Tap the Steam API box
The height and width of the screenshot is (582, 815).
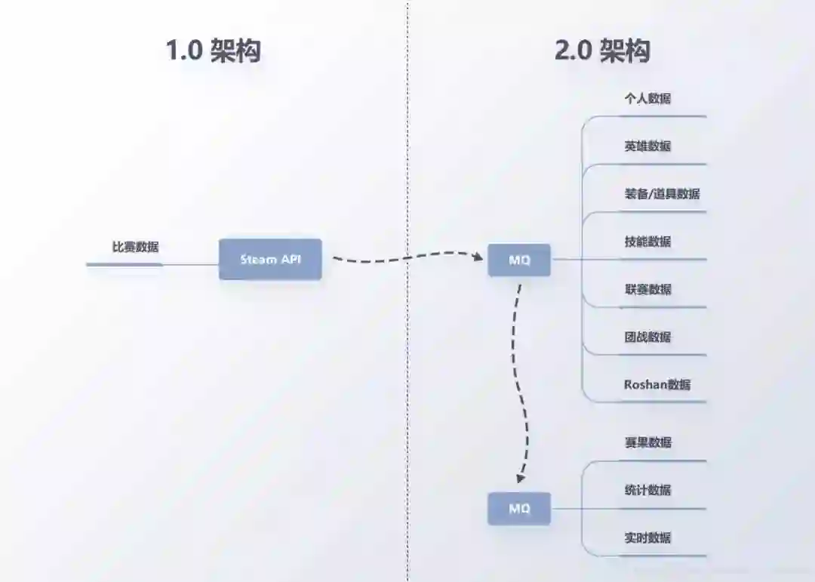coord(270,259)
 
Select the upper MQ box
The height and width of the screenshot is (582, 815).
coord(519,260)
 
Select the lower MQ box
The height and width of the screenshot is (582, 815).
coord(519,508)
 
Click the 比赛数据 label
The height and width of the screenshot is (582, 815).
coord(135,246)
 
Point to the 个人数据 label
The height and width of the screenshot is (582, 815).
coord(647,98)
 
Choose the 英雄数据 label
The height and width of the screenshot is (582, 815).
coord(647,146)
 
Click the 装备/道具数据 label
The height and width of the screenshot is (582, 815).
coord(662,193)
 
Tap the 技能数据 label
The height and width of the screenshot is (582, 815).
coord(647,242)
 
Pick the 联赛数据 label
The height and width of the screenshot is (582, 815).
coord(647,289)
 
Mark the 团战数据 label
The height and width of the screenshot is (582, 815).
coord(647,337)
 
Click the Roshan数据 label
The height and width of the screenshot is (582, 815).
coord(657,384)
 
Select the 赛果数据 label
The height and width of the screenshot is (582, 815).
coord(647,442)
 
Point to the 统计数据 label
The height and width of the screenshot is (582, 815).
coord(647,490)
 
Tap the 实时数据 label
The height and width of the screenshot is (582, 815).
coord(647,537)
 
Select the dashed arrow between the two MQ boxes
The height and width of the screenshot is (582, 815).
coord(524,377)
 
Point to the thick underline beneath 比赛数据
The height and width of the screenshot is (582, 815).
coord(125,264)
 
